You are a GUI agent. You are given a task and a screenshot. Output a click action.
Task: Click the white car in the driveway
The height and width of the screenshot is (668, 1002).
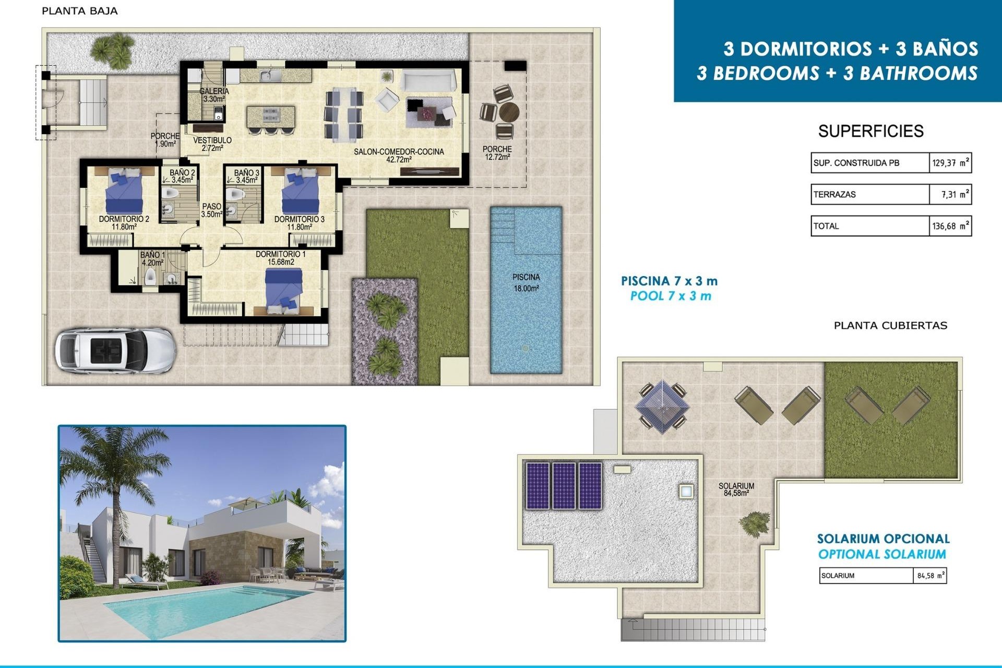click(x=115, y=350)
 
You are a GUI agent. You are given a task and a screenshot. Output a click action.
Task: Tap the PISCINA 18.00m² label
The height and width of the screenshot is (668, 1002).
click(x=526, y=282)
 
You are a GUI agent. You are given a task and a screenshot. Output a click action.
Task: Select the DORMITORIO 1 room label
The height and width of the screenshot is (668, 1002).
click(x=281, y=258)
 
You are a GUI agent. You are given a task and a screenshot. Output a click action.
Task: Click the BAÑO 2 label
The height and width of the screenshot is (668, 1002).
click(x=182, y=176)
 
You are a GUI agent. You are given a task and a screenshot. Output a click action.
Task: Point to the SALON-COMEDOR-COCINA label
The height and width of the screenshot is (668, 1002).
click(x=399, y=155)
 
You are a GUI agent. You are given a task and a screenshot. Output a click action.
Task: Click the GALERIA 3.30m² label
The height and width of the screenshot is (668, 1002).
click(x=214, y=94)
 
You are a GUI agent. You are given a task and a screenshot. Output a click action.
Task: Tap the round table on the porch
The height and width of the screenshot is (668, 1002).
click(x=508, y=112)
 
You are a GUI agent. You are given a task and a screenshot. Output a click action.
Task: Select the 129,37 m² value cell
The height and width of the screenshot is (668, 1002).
click(x=950, y=163)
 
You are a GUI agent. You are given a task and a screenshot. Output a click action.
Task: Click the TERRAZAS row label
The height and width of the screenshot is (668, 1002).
click(x=835, y=195)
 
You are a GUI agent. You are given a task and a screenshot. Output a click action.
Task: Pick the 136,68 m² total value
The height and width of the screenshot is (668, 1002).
click(x=950, y=226)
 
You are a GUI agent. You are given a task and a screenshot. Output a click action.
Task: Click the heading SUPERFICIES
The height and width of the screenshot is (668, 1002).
click(x=870, y=131)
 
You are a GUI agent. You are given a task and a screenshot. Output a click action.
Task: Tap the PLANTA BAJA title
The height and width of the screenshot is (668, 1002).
click(x=79, y=11)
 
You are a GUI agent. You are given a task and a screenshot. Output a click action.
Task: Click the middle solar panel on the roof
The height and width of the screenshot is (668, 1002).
click(x=564, y=485)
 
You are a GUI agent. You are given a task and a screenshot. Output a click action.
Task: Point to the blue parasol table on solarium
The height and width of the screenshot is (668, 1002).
click(x=662, y=407)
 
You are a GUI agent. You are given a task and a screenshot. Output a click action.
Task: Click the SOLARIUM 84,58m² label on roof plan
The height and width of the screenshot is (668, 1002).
click(x=736, y=489)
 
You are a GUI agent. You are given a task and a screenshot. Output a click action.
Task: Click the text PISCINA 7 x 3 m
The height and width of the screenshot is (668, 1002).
click(x=669, y=281)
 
